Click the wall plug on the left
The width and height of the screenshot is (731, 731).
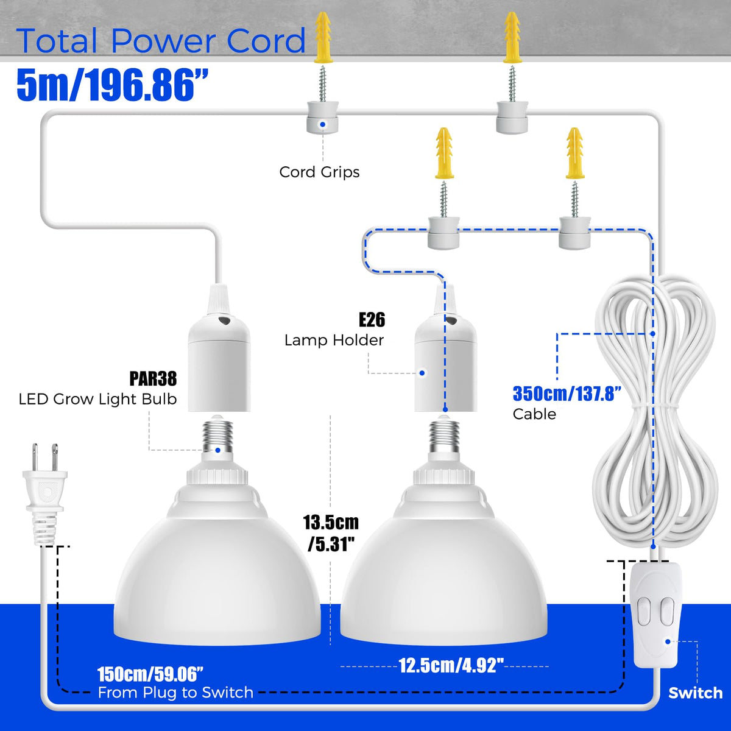(44, 493)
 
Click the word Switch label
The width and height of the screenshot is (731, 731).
(695, 693)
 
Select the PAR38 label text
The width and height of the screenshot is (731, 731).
(154, 378)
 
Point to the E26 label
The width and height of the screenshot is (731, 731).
(372, 319)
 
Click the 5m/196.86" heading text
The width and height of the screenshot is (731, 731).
(113, 84)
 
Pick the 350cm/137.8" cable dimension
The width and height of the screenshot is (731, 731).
(567, 394)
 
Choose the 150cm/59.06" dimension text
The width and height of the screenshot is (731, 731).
(150, 674)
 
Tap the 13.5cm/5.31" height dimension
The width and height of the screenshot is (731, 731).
(331, 534)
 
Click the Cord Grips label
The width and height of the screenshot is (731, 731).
(319, 172)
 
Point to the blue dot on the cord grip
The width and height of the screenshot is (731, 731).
(322, 124)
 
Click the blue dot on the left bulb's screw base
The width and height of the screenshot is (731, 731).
(217, 450)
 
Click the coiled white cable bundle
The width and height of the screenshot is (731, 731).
(654, 414)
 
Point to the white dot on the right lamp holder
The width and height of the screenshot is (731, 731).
(422, 373)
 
